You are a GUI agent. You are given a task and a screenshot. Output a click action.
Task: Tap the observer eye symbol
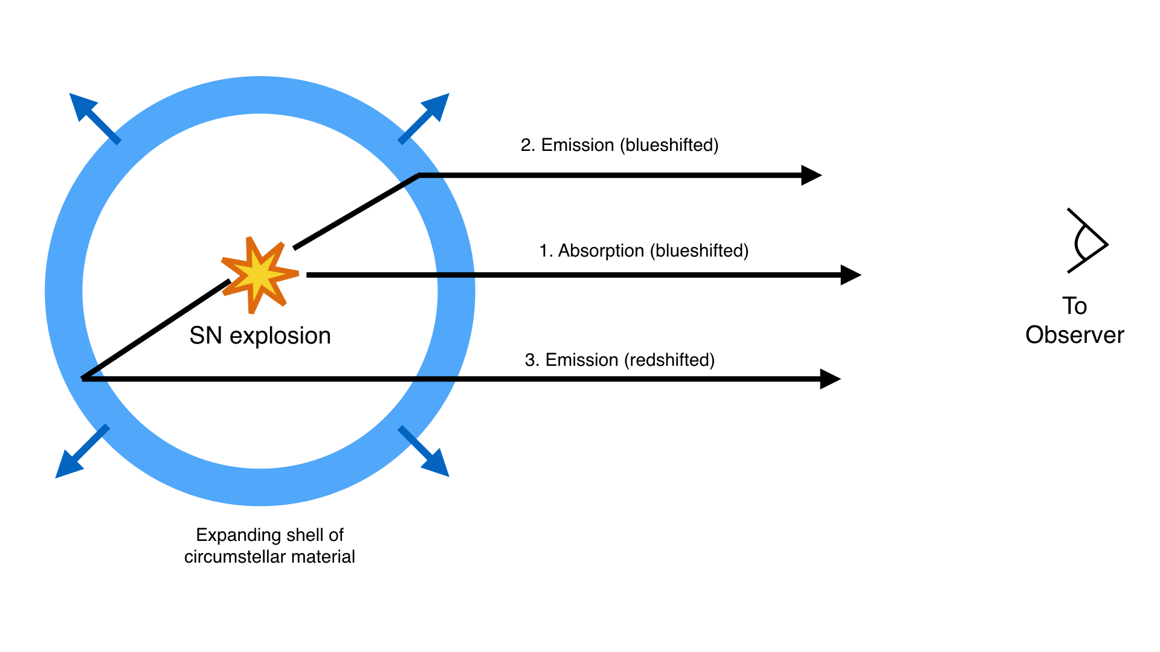(1087, 241)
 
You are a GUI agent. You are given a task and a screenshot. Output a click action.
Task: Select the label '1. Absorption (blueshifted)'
(643, 251)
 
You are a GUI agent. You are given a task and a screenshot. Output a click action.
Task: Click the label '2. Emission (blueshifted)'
(619, 145)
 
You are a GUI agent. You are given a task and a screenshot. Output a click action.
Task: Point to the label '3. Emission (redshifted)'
(620, 360)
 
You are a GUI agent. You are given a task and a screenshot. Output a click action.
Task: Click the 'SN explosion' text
(260, 336)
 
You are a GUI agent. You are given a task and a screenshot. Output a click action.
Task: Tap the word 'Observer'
(1074, 335)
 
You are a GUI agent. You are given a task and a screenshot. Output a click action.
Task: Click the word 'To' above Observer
(1075, 306)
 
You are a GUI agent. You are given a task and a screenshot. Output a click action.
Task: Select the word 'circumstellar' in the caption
(244, 557)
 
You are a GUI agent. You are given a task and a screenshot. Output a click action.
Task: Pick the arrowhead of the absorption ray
(851, 275)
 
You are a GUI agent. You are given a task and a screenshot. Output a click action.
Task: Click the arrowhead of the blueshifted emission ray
(811, 175)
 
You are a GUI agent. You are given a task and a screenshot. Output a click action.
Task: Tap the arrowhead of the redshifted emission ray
(830, 379)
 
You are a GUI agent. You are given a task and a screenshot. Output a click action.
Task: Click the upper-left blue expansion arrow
(95, 118)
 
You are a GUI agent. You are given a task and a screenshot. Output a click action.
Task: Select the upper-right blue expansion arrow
(424, 118)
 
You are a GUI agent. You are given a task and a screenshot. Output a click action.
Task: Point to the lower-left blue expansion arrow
(82, 452)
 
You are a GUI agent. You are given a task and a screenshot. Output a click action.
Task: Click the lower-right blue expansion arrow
(424, 451)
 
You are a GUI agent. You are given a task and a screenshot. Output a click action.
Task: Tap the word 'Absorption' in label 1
(601, 251)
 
